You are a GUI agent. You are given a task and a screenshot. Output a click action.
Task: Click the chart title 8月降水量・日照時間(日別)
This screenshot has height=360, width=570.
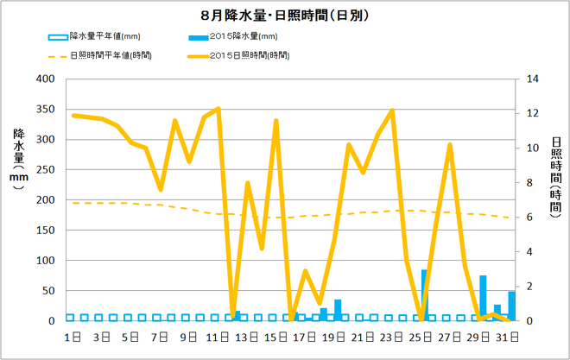coord(285,16)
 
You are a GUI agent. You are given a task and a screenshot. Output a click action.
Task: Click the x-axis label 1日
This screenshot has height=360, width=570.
coord(73,336)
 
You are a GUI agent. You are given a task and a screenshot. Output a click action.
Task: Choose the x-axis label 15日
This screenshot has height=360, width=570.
coord(276,336)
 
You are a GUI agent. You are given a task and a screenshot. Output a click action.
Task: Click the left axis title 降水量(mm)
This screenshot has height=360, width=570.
coord(19,160)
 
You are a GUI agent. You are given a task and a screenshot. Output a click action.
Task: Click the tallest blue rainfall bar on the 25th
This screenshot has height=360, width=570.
coord(424,295)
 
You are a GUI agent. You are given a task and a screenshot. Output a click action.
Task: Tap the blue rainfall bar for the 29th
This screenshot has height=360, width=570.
coord(483,298)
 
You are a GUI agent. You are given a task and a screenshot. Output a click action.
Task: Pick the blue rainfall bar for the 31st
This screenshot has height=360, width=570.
coord(511,306)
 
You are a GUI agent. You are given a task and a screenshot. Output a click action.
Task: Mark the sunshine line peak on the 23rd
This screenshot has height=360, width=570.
coord(393,111)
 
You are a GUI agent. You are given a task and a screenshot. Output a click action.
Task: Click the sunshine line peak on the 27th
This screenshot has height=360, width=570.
coord(450,144)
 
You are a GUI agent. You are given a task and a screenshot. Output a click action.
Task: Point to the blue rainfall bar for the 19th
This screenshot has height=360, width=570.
coord(338,310)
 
